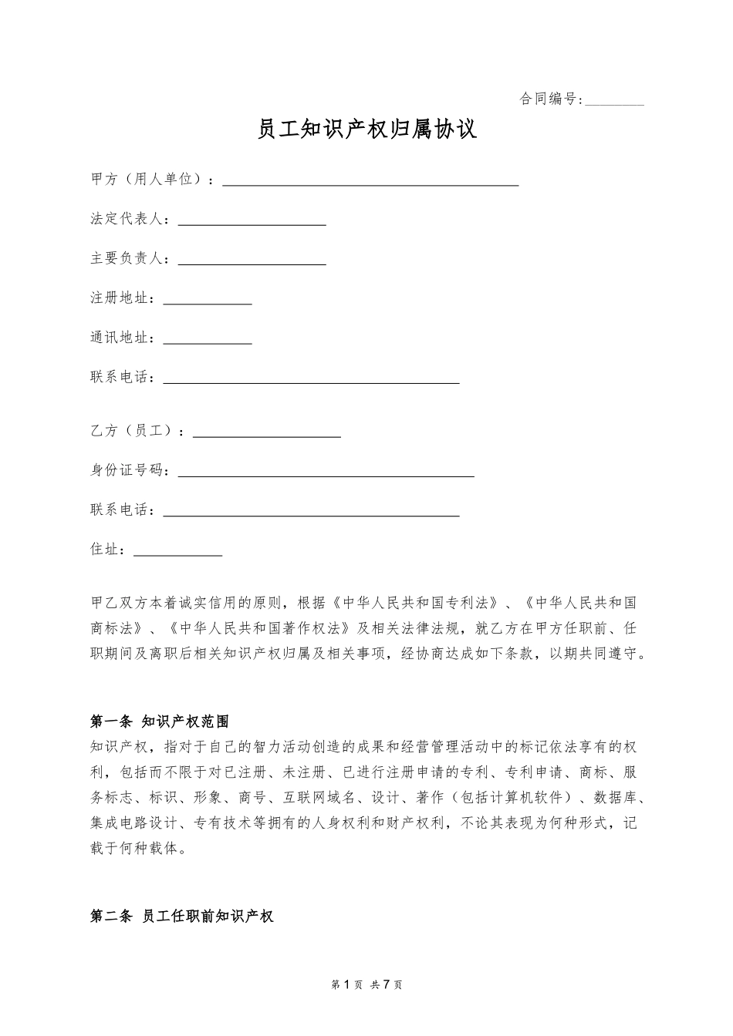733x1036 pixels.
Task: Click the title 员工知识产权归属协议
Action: pos(366,129)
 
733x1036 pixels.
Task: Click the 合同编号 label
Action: pos(549,99)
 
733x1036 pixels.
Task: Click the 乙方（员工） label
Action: pos(134,431)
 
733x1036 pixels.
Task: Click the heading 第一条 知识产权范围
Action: pos(160,721)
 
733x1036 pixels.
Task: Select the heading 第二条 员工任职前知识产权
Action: pos(181,917)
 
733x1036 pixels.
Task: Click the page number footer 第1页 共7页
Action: pos(366,984)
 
